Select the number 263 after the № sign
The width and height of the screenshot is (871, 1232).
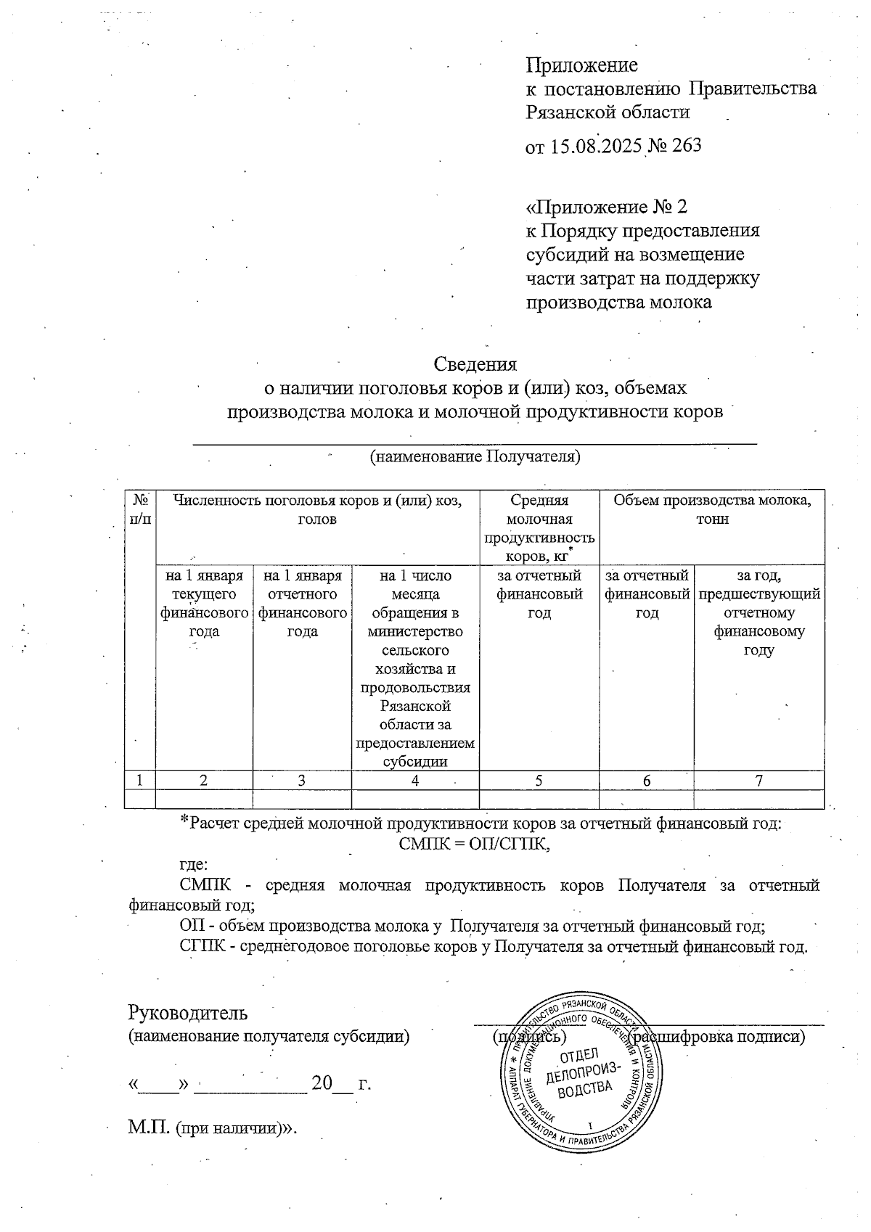coord(687,146)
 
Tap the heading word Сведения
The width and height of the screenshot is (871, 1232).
coord(475,364)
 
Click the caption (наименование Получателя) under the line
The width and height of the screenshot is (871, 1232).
coord(475,457)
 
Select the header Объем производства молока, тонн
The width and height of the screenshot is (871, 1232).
coord(712,509)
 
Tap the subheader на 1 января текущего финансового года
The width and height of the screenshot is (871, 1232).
coord(204,604)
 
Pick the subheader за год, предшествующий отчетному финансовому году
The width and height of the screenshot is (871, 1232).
coord(758,613)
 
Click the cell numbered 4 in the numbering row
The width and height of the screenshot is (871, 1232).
coord(415,781)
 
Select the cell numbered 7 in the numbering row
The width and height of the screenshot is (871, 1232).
coord(758,781)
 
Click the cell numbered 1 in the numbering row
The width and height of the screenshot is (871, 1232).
coord(140,781)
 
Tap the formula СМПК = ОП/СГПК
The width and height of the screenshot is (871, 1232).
coord(475,844)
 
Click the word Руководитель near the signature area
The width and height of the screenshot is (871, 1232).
coord(188,1012)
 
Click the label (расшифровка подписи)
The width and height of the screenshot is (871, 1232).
coord(719,1036)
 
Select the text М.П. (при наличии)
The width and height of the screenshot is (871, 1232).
coord(213,1129)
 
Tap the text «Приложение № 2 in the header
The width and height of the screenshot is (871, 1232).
coord(606,208)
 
